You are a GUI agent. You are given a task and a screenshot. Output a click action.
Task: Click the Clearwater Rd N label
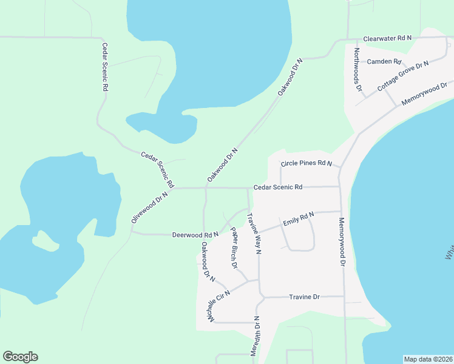pos(387,38)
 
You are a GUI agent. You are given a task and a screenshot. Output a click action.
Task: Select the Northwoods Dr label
pos(358,70)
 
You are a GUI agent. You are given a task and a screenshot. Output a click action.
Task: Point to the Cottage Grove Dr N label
pos(402,76)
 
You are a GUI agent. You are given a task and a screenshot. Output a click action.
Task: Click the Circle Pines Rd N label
pos(307,164)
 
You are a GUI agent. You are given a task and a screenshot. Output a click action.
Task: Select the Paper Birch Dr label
pos(232,249)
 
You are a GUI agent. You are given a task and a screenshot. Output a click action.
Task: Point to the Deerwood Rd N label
pos(195,234)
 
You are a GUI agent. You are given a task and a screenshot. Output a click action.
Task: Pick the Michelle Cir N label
pos(219,307)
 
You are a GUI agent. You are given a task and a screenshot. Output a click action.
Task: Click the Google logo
pos(20,357)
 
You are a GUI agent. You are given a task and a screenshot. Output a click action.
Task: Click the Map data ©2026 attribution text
pos(428,359)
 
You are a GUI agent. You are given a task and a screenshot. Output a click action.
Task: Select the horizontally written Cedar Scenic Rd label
pos(278,187)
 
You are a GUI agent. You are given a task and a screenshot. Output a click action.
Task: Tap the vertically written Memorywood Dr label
pos(342,242)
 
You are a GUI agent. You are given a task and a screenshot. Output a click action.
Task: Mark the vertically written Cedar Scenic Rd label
pos(104,67)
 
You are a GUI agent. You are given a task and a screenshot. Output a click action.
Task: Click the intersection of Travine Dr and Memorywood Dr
pos(344,297)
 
